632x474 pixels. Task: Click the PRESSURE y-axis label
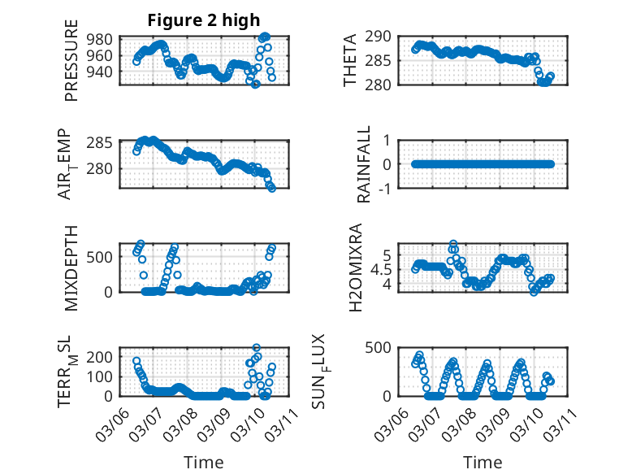point(71,65)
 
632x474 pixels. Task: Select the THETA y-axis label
point(350,61)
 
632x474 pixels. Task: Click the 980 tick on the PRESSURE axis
point(102,40)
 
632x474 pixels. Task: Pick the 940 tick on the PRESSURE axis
point(102,72)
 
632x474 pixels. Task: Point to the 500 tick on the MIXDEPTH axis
point(102,258)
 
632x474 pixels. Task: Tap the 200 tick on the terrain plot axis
point(102,357)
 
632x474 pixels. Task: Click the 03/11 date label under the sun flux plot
point(559,423)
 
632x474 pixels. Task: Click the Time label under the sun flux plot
point(483,463)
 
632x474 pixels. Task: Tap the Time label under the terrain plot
point(203,463)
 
